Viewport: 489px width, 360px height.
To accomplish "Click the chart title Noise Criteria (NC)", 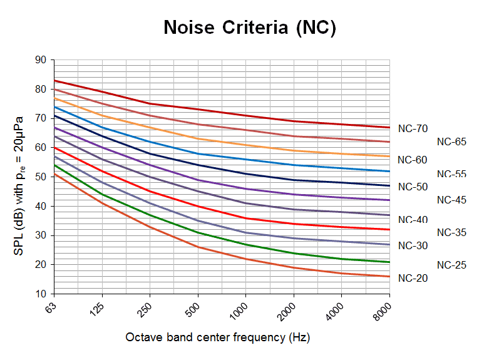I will click(x=249, y=28).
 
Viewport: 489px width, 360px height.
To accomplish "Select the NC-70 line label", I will click(x=413, y=128).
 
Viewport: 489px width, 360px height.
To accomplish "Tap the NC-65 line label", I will click(x=451, y=141).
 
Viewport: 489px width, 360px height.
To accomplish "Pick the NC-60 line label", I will click(x=413, y=160).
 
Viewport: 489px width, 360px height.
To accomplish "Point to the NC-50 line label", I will click(x=413, y=187).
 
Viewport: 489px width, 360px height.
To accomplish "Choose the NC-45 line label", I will click(x=451, y=200).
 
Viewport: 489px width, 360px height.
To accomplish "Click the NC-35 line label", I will click(x=451, y=232).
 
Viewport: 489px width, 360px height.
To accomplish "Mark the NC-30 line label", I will click(x=413, y=245).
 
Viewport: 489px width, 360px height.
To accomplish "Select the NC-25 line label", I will click(x=451, y=265).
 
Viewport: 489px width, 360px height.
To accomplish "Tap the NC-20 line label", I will click(x=413, y=278).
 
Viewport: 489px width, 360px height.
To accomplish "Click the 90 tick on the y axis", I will click(x=41, y=60).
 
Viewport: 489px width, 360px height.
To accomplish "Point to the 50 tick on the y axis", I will click(x=41, y=177).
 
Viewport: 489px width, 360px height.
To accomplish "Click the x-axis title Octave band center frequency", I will click(x=217, y=337).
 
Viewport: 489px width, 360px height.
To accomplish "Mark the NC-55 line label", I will click(x=451, y=173).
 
